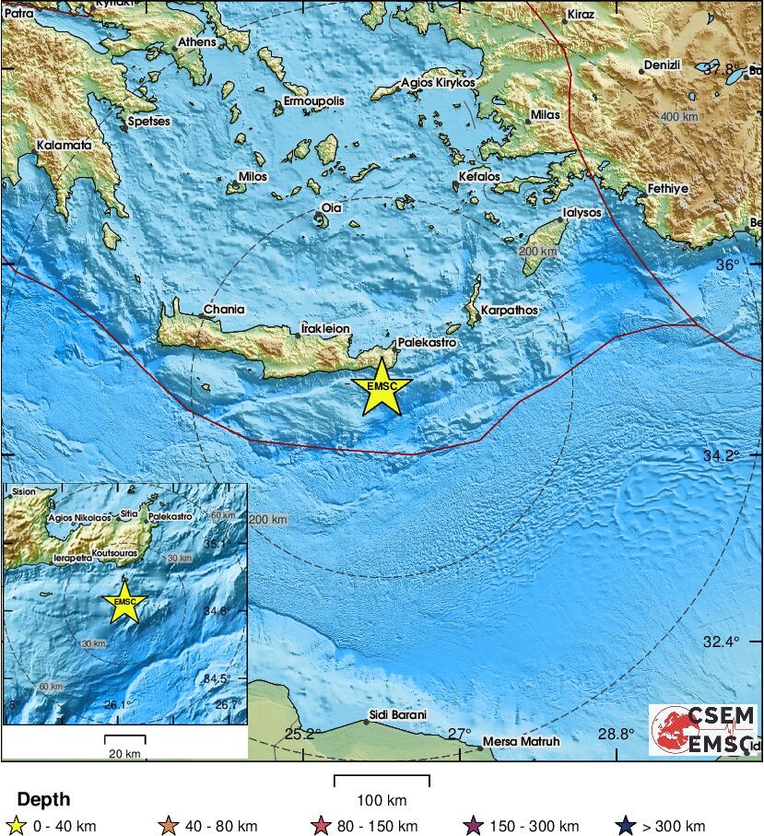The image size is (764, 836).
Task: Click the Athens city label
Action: click(x=196, y=42)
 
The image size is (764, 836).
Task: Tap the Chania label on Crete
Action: click(x=224, y=310)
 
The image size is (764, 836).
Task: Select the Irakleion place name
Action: click(x=326, y=328)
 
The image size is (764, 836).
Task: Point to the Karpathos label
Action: click(x=509, y=311)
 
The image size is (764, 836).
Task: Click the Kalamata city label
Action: click(x=65, y=146)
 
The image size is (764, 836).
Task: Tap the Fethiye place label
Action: click(x=668, y=188)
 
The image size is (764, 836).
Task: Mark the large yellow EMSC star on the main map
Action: click(x=381, y=388)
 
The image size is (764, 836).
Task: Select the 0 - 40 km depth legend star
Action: click(x=16, y=825)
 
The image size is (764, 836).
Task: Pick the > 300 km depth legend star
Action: click(x=630, y=825)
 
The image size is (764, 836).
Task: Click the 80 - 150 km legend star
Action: click(x=322, y=825)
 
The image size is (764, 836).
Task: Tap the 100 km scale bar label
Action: click(x=382, y=799)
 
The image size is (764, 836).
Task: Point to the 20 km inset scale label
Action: click(x=124, y=754)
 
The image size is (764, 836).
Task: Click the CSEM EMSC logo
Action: click(x=703, y=730)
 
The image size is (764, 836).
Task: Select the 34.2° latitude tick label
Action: click(x=722, y=455)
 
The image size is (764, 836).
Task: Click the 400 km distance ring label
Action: click(x=680, y=116)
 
